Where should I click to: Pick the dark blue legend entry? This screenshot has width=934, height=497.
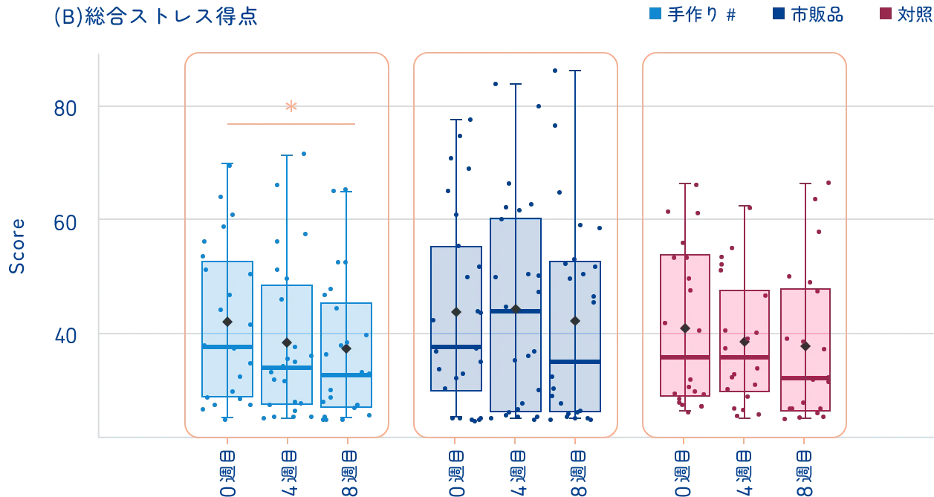pos(809,14)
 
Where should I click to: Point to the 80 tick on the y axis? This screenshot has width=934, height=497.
pos(65,108)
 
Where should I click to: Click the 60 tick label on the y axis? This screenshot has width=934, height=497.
pos(65,222)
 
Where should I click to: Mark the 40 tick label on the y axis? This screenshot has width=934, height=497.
pos(65,337)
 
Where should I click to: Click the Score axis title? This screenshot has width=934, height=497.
pos(19,247)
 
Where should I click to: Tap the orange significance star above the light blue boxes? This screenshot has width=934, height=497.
pos(291,105)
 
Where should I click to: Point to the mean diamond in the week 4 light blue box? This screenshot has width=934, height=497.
pos(287,342)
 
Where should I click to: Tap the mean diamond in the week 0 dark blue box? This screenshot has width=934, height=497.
pos(456,311)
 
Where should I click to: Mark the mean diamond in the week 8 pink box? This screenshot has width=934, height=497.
pos(805,346)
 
